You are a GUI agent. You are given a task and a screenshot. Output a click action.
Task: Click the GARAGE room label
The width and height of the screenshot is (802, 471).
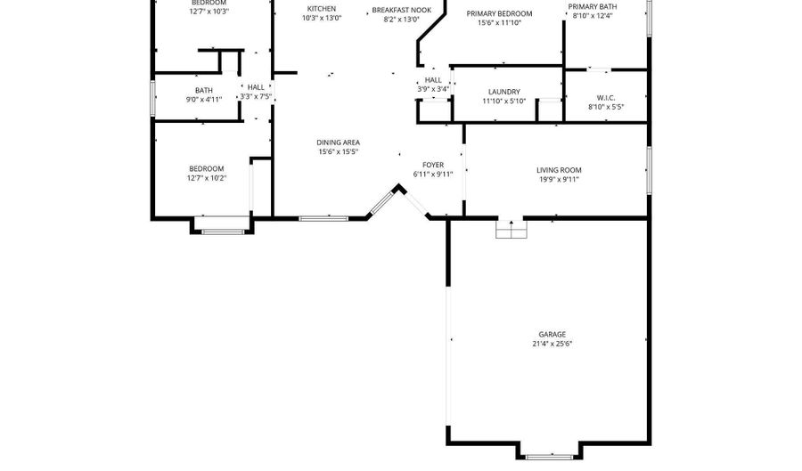point(552,335)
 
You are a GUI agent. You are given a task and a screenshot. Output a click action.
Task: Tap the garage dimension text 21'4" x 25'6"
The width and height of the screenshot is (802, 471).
point(552,344)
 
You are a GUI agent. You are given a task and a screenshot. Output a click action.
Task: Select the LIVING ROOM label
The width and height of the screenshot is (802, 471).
point(558,170)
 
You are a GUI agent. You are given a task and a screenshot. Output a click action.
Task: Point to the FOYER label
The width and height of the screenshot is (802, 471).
point(433,165)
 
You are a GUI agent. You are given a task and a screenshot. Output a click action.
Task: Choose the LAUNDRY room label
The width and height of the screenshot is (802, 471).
point(503,92)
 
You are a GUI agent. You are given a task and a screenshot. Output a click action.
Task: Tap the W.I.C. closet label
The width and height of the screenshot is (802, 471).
point(606,98)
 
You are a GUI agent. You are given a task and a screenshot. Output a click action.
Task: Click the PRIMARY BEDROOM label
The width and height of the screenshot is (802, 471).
point(499,14)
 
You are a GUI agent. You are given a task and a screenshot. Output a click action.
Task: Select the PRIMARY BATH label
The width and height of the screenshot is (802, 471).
point(593,6)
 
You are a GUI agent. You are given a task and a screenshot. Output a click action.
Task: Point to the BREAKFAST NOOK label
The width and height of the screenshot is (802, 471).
point(401,10)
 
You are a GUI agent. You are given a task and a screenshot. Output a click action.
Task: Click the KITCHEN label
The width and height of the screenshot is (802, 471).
point(321,9)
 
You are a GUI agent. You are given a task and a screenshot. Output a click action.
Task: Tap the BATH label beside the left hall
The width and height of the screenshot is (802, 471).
point(204,90)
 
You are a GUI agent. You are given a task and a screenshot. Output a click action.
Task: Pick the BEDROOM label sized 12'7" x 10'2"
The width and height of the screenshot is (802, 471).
point(206,168)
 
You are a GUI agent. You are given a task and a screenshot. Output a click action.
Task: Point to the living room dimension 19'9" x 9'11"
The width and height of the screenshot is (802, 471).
point(558,179)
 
